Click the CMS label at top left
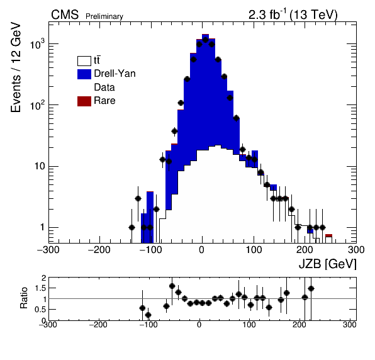[65, 15]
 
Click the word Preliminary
[104, 16]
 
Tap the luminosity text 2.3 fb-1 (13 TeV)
[293, 14]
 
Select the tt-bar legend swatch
[84, 61]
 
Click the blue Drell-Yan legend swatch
[84, 74]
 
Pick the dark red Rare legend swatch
[84, 101]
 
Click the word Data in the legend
[104, 87]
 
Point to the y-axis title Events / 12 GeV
[16, 67]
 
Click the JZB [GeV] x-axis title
[327, 264]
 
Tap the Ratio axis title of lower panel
[24, 298]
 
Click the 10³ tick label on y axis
[38, 44]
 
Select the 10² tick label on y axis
[38, 105]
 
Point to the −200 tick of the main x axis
[99, 250]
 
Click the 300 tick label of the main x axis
[356, 250]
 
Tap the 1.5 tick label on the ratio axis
[40, 288]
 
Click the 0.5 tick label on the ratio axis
[40, 310]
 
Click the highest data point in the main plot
[206, 40]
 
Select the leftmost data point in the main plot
[132, 227]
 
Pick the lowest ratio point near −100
[148, 315]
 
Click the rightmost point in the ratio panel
[311, 289]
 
